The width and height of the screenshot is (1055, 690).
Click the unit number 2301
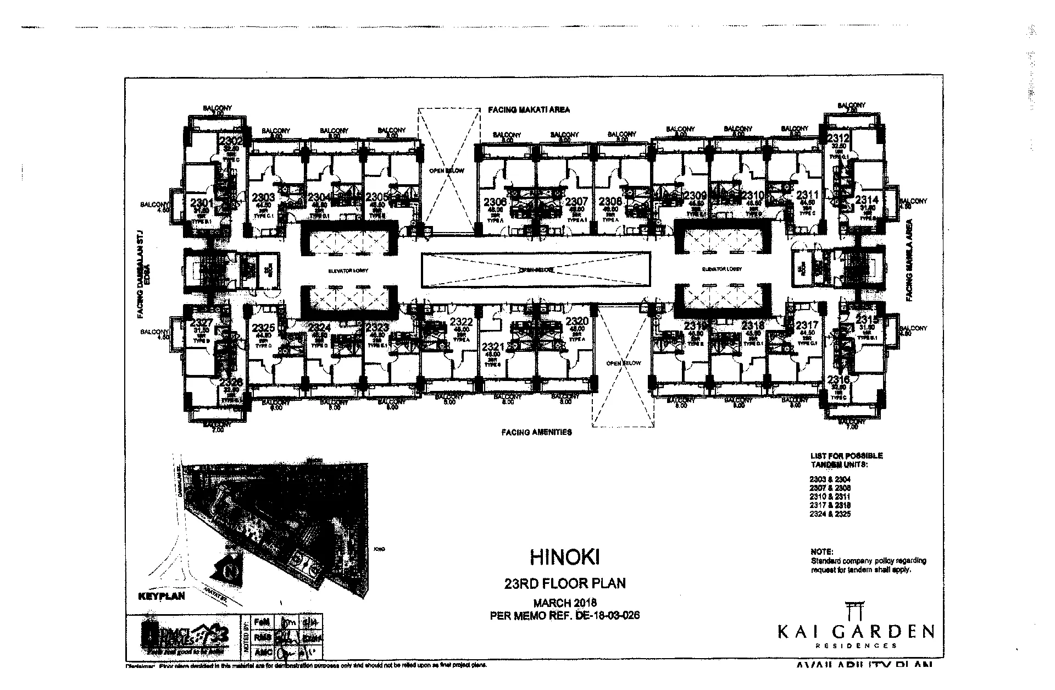point(201,202)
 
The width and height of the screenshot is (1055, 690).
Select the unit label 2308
point(610,201)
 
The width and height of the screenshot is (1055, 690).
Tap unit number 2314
point(866,200)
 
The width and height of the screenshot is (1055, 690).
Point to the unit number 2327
point(201,323)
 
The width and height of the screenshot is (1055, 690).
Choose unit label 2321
point(493,347)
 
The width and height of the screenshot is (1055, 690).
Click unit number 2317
point(807,325)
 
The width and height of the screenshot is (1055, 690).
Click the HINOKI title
point(564,557)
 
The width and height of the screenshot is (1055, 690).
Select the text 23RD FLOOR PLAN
point(565,583)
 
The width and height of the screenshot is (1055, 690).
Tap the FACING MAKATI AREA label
point(529,110)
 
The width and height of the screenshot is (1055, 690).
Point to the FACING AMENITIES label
point(536,432)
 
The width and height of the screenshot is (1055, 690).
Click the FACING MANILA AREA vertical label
point(909,260)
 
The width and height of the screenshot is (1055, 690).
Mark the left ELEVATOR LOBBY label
point(348,271)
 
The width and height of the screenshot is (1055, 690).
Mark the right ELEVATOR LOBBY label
point(721,269)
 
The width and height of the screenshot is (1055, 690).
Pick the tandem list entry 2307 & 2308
point(830,488)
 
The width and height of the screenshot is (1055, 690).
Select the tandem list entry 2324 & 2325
point(830,514)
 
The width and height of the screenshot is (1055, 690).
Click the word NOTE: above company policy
point(821,551)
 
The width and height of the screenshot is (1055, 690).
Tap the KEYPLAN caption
point(161,596)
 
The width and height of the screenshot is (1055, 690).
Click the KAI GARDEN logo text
point(856,631)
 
